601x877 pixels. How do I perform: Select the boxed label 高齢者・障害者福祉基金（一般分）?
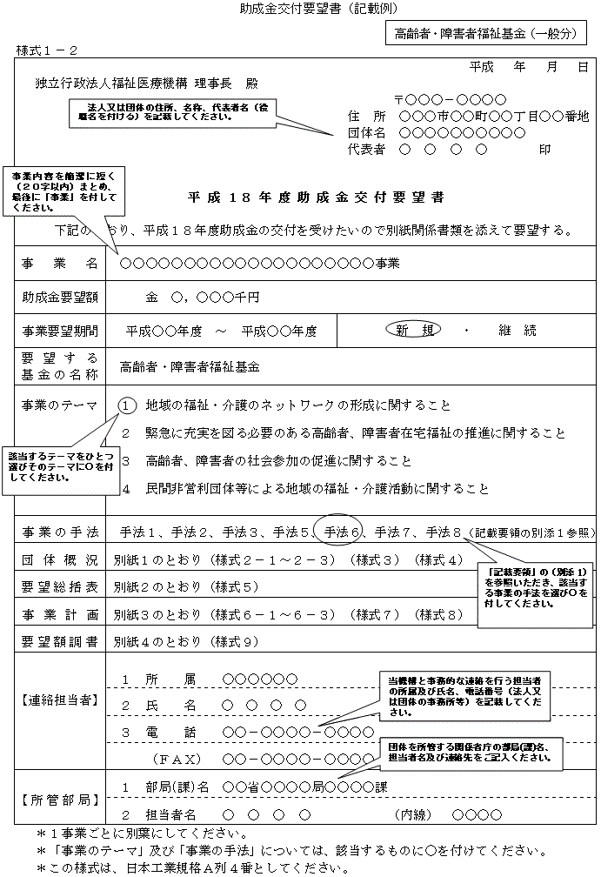[x=485, y=35]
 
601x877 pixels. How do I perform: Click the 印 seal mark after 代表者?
[x=544, y=149]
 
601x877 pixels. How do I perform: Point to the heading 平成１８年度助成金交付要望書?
[x=316, y=197]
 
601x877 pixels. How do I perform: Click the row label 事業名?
[x=59, y=263]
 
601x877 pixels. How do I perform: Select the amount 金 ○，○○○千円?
[x=202, y=297]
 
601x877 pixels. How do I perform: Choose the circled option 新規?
[x=412, y=331]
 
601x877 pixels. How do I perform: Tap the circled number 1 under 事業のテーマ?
[x=126, y=405]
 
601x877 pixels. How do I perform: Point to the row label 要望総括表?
[x=59, y=586]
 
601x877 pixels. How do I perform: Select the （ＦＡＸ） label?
[x=177, y=760]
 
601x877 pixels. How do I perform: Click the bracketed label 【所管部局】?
[x=59, y=798]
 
